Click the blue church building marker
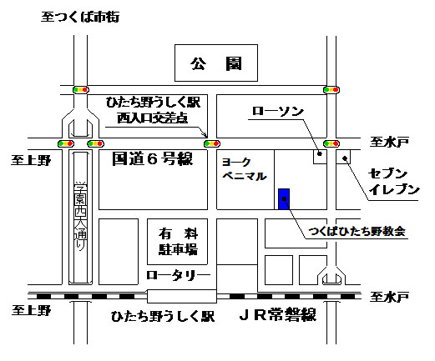click(284, 199)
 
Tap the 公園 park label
click(216, 63)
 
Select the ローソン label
click(278, 111)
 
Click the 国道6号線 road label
click(152, 158)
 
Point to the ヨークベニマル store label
click(244, 169)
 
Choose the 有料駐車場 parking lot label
click(178, 242)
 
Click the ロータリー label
click(178, 276)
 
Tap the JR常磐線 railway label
click(278, 314)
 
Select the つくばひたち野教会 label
click(357, 231)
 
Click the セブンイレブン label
click(394, 182)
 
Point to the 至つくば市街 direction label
click(80, 17)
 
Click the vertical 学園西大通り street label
click(80, 216)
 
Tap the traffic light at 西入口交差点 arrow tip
click(212, 143)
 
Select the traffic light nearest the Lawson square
click(331, 143)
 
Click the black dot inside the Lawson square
click(320, 153)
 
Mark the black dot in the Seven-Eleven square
click(345, 158)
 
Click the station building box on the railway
click(182, 296)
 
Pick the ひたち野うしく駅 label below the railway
click(163, 316)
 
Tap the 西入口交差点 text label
click(152, 118)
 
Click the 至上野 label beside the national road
click(31, 160)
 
